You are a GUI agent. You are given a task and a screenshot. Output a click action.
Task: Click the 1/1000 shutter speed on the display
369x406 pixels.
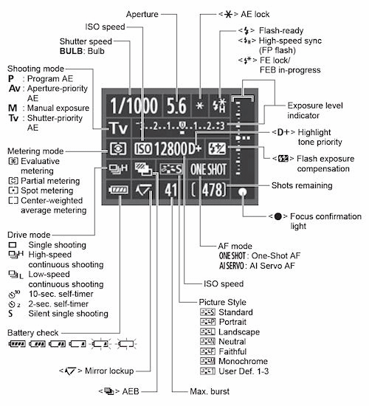point(134,106)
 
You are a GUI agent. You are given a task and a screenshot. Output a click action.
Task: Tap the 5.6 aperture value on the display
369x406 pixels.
point(176,106)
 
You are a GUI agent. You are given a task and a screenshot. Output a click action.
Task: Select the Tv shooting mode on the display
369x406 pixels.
point(118,128)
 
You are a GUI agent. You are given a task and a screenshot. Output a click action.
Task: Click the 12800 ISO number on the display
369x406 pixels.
point(170,149)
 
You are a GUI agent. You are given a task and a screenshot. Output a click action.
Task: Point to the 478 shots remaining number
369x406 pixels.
point(212,190)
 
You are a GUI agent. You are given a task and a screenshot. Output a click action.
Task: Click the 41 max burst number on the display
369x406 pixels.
point(170,190)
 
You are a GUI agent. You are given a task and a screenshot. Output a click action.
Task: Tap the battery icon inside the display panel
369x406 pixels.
point(118,190)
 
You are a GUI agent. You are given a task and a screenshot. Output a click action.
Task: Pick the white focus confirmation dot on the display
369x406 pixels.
point(243,192)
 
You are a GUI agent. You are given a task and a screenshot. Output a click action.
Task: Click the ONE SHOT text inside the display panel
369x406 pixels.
point(208,170)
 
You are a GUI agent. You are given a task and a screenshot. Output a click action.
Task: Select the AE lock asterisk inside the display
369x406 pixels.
point(199,106)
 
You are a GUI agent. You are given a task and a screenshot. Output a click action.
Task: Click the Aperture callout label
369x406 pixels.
point(142,14)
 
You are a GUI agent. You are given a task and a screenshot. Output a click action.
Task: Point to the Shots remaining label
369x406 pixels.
point(302,185)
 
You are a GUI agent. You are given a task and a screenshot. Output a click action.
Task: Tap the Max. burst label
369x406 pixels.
point(210,391)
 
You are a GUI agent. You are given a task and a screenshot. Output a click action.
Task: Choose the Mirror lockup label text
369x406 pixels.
point(109,371)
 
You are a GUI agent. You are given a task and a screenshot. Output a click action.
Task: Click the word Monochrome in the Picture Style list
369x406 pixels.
point(243,361)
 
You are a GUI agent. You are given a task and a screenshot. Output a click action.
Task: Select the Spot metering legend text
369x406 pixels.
point(47,190)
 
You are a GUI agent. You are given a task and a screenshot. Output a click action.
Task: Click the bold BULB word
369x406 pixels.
point(71,51)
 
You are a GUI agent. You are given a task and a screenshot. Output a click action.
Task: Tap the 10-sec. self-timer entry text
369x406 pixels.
point(61,294)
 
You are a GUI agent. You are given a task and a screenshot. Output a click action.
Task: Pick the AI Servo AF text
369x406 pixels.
point(272,266)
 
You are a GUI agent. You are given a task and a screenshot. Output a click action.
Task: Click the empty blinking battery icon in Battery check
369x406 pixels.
point(127,344)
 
